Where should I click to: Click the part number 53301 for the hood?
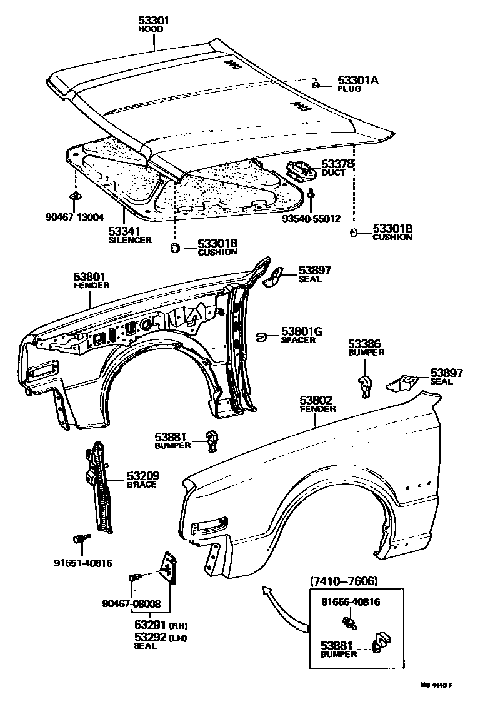154,21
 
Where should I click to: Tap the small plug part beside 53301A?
317,84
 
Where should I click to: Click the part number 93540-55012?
311,219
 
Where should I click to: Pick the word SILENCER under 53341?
130,240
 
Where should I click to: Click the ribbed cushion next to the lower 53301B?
176,249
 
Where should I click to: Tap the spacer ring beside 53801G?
262,337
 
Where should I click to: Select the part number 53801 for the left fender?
91,276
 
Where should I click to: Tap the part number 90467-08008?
131,604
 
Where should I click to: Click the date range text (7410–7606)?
343,581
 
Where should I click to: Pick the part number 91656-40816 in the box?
351,602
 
